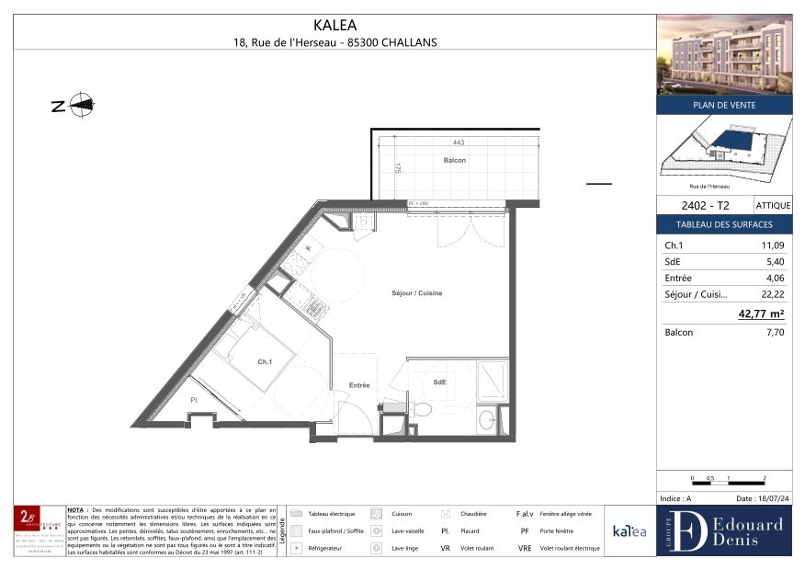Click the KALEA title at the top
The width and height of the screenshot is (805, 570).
click(x=335, y=26)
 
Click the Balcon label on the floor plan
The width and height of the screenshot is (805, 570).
click(x=454, y=160)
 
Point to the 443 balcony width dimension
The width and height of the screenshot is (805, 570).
click(x=458, y=142)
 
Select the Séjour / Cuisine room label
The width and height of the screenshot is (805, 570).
click(x=416, y=293)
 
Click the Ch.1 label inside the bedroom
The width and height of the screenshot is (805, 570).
click(x=265, y=362)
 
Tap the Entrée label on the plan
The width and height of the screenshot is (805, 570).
click(x=358, y=385)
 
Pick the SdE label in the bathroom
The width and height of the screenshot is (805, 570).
click(x=440, y=382)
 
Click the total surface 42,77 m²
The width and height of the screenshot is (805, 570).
click(x=761, y=314)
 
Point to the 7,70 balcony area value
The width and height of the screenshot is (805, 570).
click(x=774, y=333)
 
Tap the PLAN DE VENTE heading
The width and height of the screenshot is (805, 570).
click(x=724, y=105)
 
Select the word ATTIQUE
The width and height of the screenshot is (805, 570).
click(x=772, y=206)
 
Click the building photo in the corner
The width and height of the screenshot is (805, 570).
click(x=724, y=54)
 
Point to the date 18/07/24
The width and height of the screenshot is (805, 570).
click(x=761, y=498)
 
